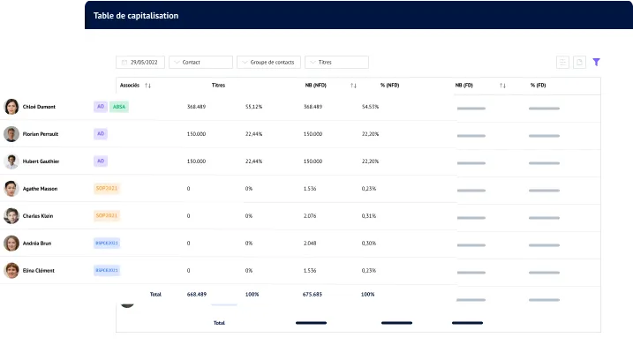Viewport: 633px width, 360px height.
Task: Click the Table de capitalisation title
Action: [135, 16]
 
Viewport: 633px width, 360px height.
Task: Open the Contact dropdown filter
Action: [200, 63]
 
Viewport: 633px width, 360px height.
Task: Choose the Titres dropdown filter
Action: [336, 63]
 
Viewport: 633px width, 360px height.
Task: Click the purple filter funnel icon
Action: [597, 63]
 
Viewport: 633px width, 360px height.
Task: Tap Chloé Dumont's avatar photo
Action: [11, 107]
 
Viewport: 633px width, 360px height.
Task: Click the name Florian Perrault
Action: [41, 134]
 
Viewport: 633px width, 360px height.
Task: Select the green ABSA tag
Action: [120, 107]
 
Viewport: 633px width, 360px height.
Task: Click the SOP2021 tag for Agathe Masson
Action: [106, 189]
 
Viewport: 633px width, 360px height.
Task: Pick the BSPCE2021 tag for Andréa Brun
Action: [106, 243]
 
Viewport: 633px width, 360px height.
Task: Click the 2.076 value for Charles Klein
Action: [309, 216]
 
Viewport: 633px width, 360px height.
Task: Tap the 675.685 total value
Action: [313, 294]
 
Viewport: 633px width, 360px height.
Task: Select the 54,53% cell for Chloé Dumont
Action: [370, 107]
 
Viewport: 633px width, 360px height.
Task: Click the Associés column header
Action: [129, 86]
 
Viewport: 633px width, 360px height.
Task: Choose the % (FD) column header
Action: [538, 86]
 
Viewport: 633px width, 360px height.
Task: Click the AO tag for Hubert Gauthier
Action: [101, 161]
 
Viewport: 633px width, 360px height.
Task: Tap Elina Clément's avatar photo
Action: [11, 270]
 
